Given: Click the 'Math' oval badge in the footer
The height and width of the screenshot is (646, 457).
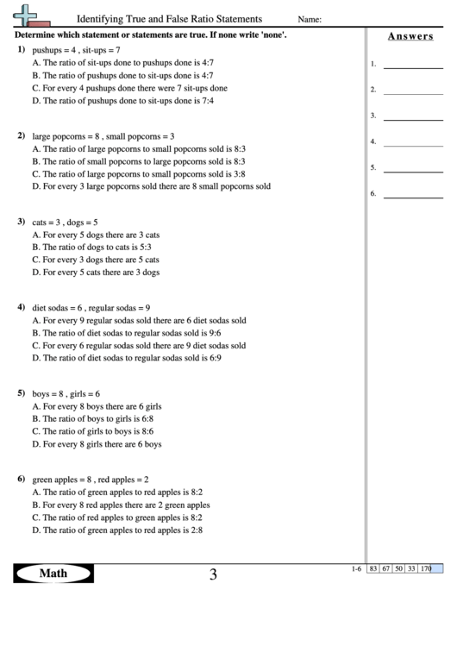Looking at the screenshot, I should pyautogui.click(x=53, y=574).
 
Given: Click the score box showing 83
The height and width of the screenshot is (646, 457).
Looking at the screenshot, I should pyautogui.click(x=373, y=568).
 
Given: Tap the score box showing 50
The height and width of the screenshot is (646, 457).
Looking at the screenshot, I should pyautogui.click(x=399, y=568).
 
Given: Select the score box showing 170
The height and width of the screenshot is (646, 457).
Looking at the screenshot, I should pyautogui.click(x=425, y=568).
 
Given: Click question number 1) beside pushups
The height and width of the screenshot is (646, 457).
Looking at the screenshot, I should pyautogui.click(x=21, y=51).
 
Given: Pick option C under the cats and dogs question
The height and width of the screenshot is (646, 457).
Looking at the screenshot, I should pyautogui.click(x=95, y=259).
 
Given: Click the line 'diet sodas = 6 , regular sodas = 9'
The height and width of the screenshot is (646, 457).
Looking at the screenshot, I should pyautogui.click(x=91, y=307).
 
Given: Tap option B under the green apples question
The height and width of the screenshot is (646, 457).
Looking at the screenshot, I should pyautogui.click(x=120, y=505).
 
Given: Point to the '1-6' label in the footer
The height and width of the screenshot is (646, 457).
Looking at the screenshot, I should pyautogui.click(x=357, y=568).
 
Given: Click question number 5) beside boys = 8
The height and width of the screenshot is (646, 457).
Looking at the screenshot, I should pyautogui.click(x=21, y=392).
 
